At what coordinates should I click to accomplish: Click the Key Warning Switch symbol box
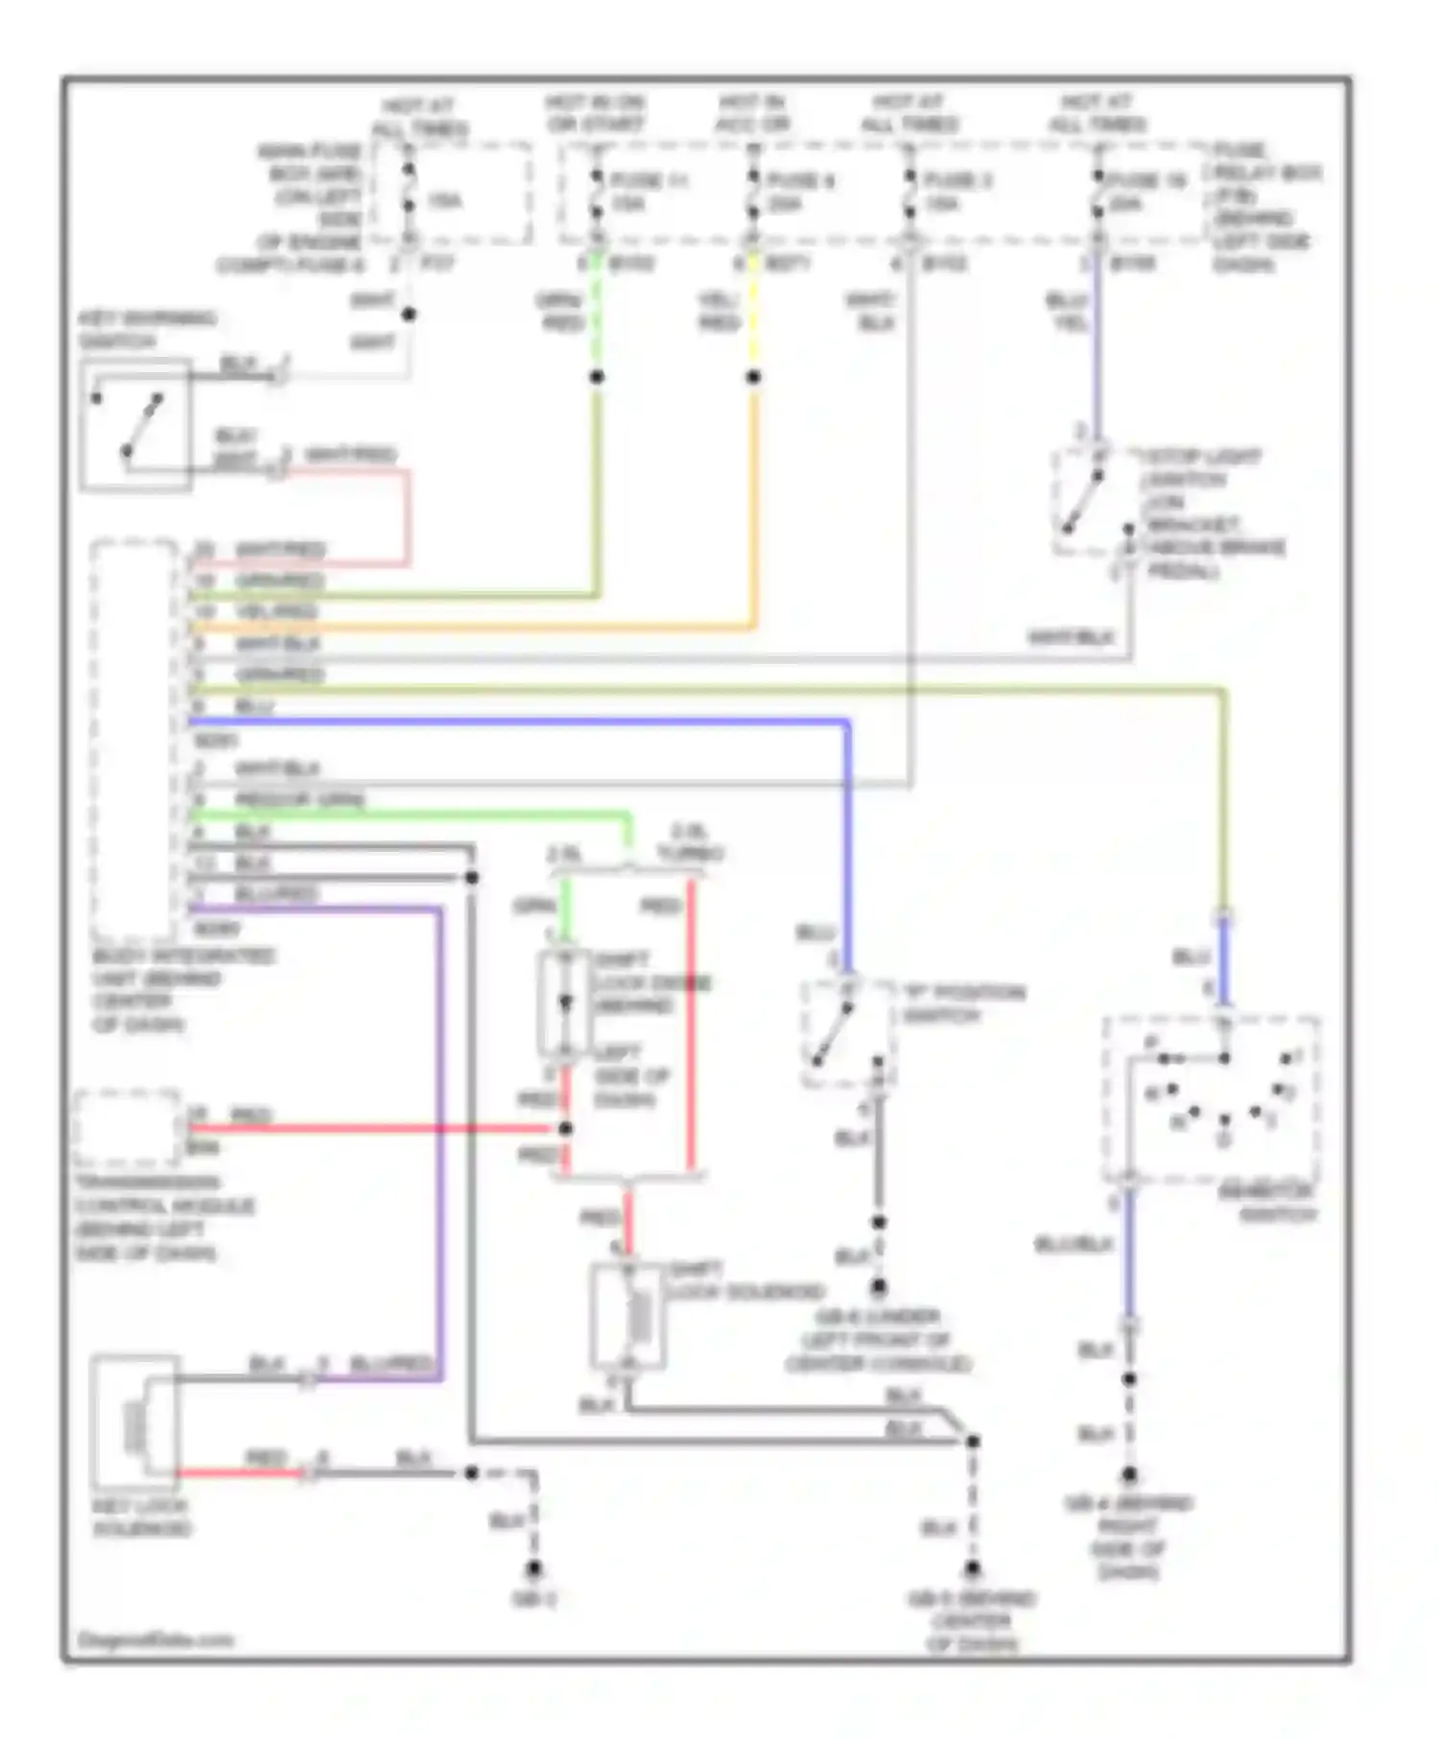click(135, 425)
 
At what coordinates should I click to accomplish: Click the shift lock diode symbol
click(565, 1003)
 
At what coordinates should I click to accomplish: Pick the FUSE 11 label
click(649, 179)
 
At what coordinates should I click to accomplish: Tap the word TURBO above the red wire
click(690, 853)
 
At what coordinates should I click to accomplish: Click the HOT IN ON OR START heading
click(595, 113)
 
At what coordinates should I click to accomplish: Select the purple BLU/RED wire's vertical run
click(440, 1151)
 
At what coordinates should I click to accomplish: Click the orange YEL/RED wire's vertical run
click(753, 508)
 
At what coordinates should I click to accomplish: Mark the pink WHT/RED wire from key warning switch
click(408, 518)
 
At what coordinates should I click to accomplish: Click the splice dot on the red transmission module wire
click(565, 1129)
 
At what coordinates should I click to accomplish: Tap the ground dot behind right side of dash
click(1129, 1475)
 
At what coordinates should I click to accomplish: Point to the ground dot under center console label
click(878, 1287)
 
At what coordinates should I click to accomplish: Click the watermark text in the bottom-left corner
click(153, 1639)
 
